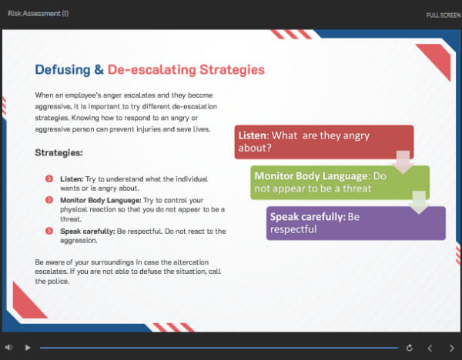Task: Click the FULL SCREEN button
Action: pyautogui.click(x=444, y=15)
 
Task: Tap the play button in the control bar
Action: pyautogui.click(x=28, y=348)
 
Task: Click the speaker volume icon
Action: pyautogui.click(x=8, y=348)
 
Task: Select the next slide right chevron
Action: pyautogui.click(x=452, y=348)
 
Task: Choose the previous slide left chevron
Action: pyautogui.click(x=430, y=348)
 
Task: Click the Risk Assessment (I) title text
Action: pyautogui.click(x=38, y=13)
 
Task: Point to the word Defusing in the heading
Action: pyautogui.click(x=62, y=70)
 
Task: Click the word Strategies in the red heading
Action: pyautogui.click(x=233, y=70)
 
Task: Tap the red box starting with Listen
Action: pyautogui.click(x=324, y=142)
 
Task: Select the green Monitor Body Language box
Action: pyautogui.click(x=340, y=182)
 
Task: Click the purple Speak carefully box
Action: pyautogui.click(x=356, y=223)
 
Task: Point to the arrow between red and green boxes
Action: pyautogui.click(x=403, y=162)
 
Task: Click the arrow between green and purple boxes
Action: pyautogui.click(x=419, y=202)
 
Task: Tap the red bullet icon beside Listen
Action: pyautogui.click(x=49, y=178)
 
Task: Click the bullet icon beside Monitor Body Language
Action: pyautogui.click(x=49, y=200)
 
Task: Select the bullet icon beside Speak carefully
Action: pyautogui.click(x=49, y=231)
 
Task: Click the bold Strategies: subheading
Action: pyautogui.click(x=59, y=152)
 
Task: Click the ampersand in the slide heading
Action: pyautogui.click(x=99, y=70)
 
